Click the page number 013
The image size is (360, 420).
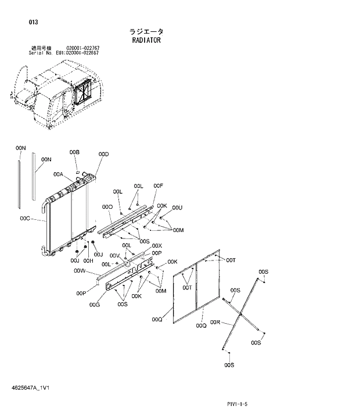[33, 22]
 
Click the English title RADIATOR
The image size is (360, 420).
[146, 41]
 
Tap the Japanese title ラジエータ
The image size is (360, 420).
[146, 31]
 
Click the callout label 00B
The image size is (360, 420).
[74, 152]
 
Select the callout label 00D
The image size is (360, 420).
[103, 154]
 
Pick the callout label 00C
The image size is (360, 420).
[24, 219]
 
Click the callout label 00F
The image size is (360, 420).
[158, 186]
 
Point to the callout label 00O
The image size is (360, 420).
[107, 207]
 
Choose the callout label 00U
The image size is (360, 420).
[178, 207]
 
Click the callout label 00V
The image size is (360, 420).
[114, 256]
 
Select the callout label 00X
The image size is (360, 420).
[157, 246]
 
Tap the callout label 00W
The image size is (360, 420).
[80, 271]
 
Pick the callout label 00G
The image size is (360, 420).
[95, 305]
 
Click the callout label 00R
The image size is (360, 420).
[215, 322]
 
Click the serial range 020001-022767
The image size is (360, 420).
[82, 48]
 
